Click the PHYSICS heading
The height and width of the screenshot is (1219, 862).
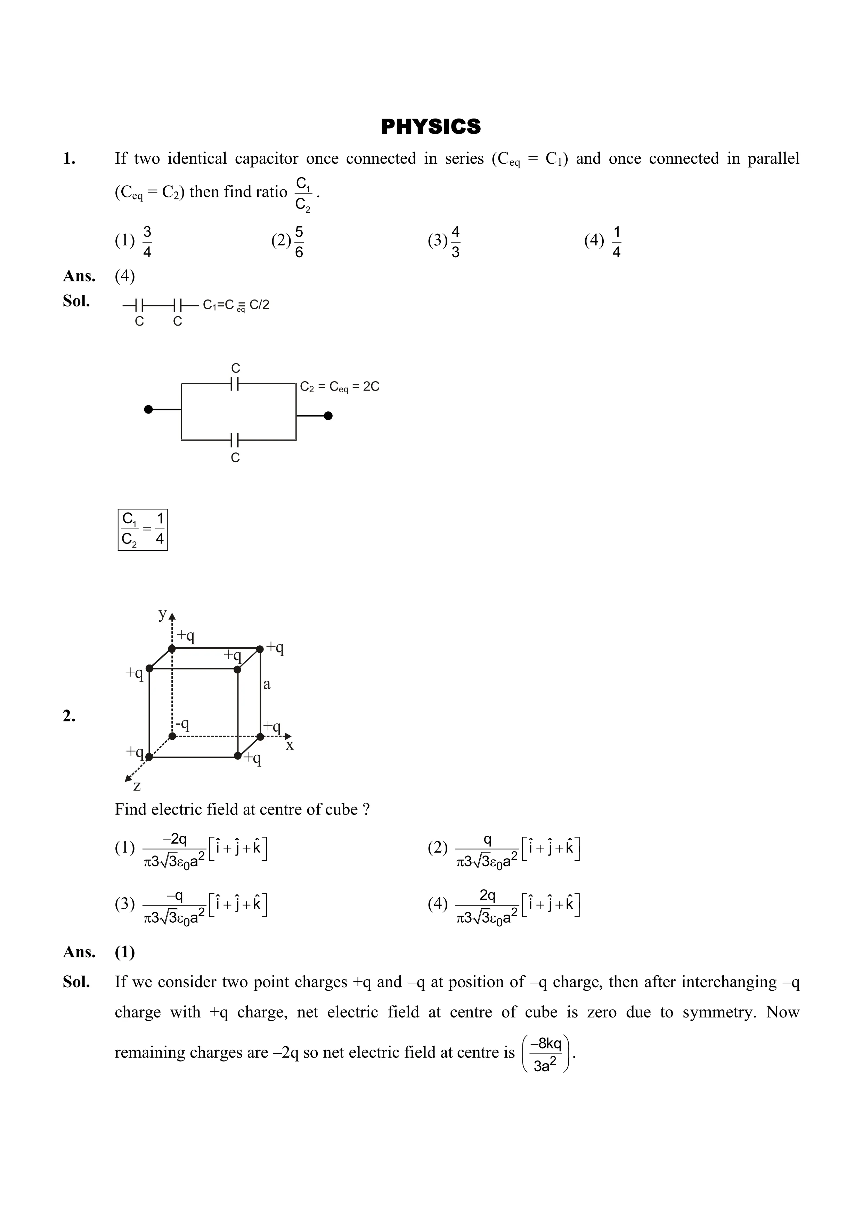[x=431, y=127]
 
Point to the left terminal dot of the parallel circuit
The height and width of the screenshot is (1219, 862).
[x=149, y=409]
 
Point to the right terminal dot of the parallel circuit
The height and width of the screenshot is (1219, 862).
[x=328, y=416]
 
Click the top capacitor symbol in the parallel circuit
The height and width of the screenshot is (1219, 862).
[x=235, y=383]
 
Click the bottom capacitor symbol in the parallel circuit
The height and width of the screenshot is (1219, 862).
[x=235, y=440]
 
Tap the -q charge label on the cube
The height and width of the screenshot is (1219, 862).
[x=183, y=724]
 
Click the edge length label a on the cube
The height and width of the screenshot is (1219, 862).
[x=267, y=684]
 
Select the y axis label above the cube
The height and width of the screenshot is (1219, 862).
[x=163, y=614]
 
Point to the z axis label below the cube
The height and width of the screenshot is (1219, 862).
[x=137, y=785]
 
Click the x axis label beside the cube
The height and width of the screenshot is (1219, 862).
[x=290, y=745]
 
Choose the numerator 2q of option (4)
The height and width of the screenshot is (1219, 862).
[x=488, y=896]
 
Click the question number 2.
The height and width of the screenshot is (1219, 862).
[x=69, y=716]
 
